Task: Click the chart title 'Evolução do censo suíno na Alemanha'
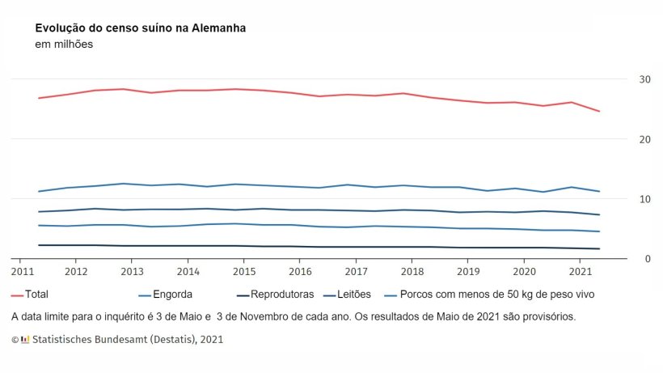pyautogui.click(x=141, y=28)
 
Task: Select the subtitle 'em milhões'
pyautogui.click(x=64, y=45)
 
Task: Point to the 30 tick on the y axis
pyautogui.click(x=644, y=79)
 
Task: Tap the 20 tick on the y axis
pyautogui.click(x=644, y=139)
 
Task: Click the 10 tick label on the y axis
pyautogui.click(x=644, y=199)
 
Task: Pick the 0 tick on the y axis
pyautogui.click(x=648, y=259)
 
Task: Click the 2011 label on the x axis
pyautogui.click(x=22, y=272)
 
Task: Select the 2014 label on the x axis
pyautogui.click(x=188, y=272)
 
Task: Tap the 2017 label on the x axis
pyautogui.click(x=355, y=272)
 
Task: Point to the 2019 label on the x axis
pyautogui.click(x=468, y=272)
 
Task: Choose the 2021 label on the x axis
pyautogui.click(x=580, y=272)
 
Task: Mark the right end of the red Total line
pyautogui.click(x=599, y=111)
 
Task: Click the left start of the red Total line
pyautogui.click(x=38, y=98)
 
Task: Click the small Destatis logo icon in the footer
pyautogui.click(x=25, y=340)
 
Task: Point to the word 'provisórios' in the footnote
pyautogui.click(x=547, y=316)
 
